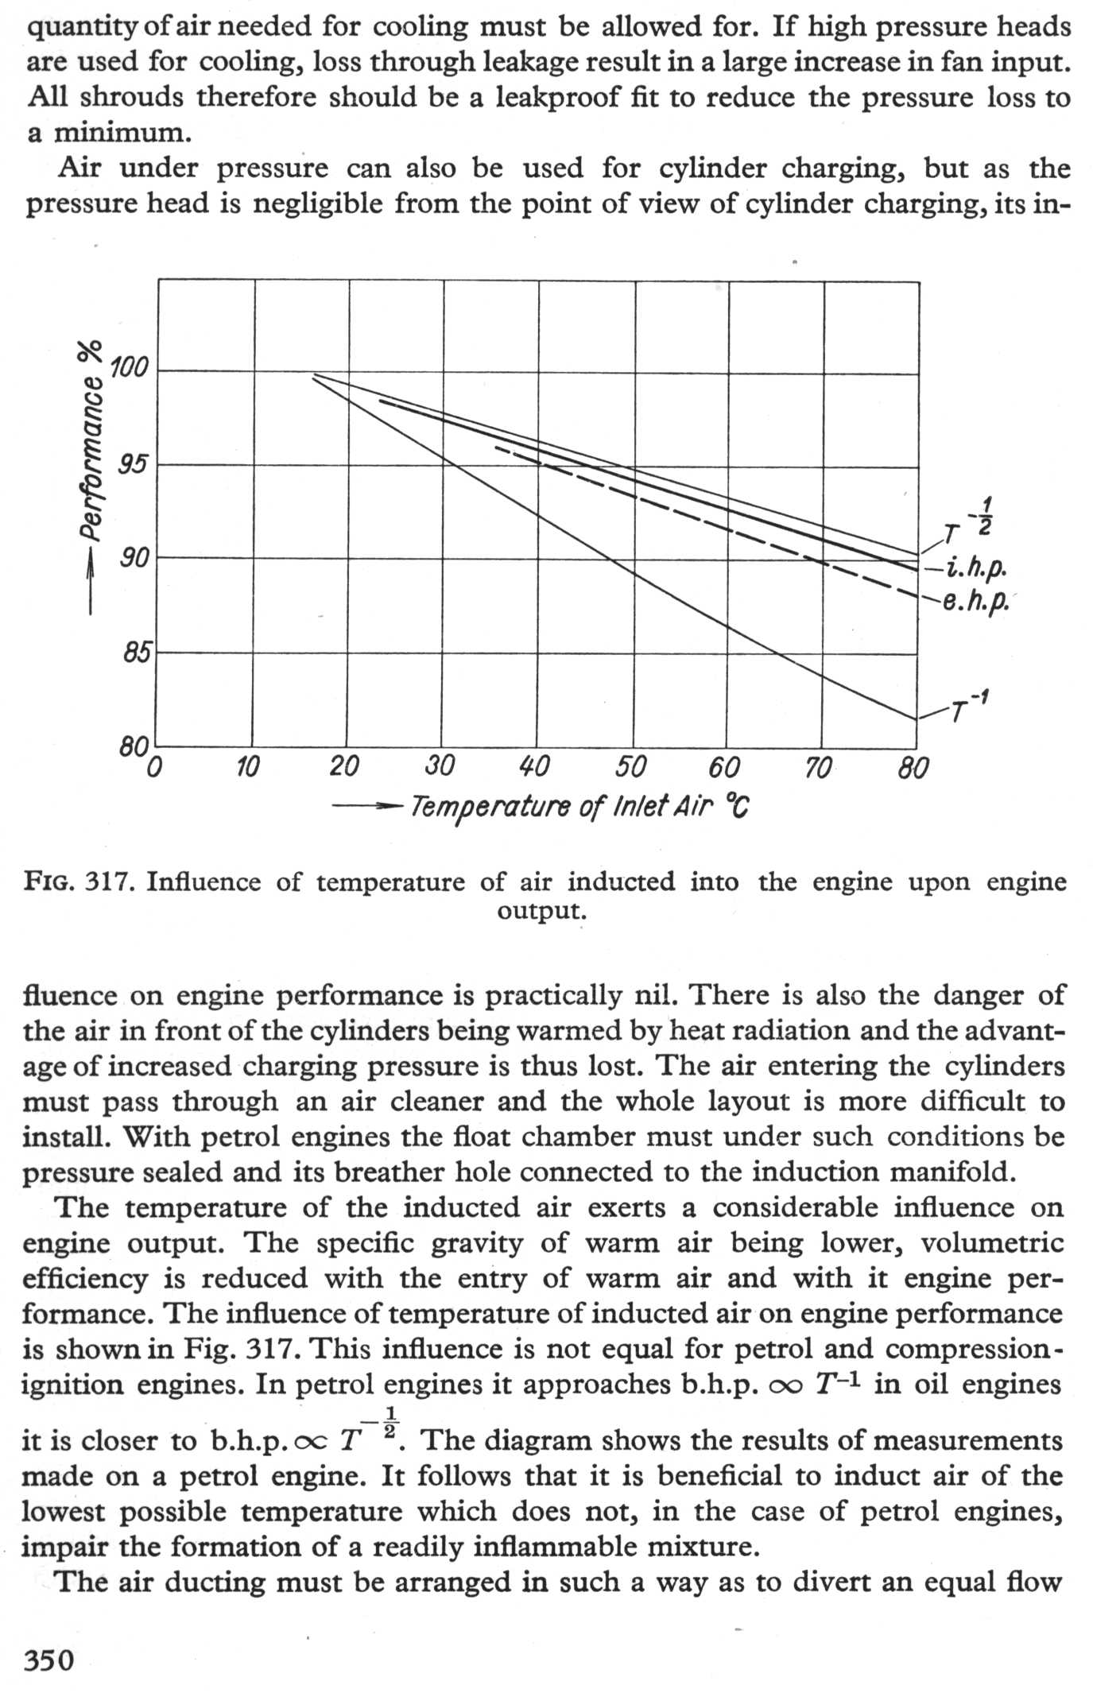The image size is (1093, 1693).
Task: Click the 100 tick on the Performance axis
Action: pos(129,370)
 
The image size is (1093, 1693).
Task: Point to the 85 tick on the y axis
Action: pos(135,653)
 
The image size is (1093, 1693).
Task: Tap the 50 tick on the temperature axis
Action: pos(630,767)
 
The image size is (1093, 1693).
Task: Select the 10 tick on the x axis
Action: pos(248,767)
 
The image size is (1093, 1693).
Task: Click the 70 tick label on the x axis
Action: pos(818,768)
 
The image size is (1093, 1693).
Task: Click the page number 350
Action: pos(48,1660)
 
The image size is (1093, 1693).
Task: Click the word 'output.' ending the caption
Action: pos(542,910)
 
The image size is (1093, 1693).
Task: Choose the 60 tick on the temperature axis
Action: pos(723,767)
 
